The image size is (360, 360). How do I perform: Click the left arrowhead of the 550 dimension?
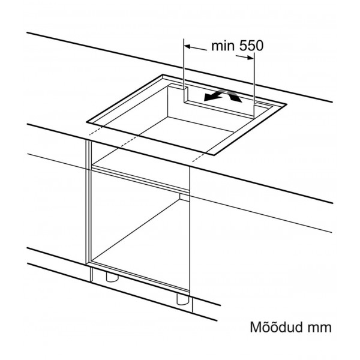pyautogui.click(x=187, y=46)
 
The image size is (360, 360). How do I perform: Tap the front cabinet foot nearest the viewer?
pyautogui.click(x=182, y=297)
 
